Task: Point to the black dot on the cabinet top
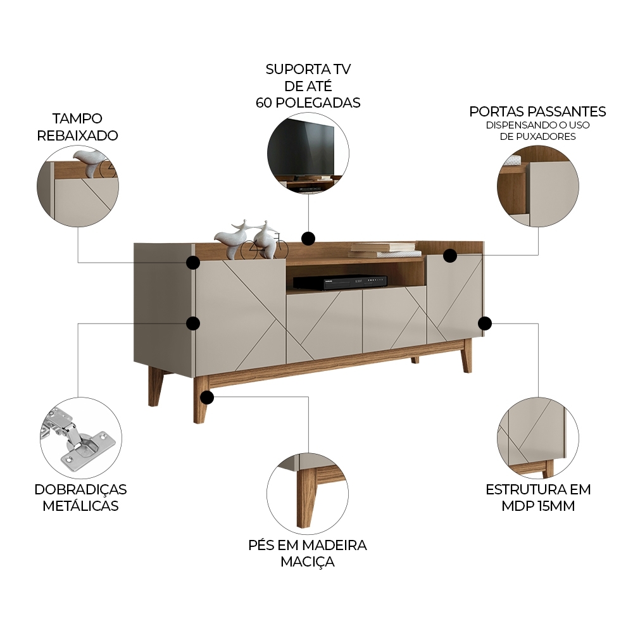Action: tap(308, 238)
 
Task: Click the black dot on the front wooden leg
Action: tap(206, 398)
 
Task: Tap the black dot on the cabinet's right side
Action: tap(485, 323)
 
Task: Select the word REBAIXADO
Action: tap(77, 135)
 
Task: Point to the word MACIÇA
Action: tap(308, 561)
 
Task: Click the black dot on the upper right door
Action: tap(450, 256)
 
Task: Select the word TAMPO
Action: tap(77, 118)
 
